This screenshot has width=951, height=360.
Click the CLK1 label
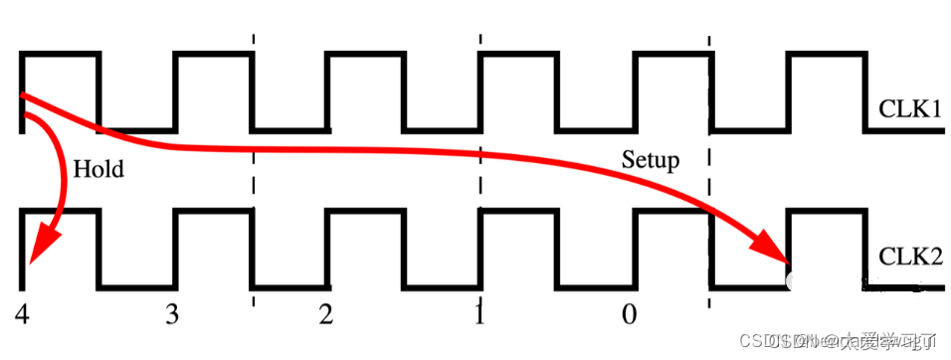[909, 107]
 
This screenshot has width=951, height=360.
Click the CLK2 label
[909, 257]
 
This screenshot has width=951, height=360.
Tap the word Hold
[98, 169]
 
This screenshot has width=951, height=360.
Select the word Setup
[651, 159]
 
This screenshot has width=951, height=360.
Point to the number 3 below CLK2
[173, 315]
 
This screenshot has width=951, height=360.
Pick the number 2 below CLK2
[326, 315]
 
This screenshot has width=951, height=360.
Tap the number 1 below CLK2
[479, 315]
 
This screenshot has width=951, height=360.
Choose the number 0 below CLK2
[630, 315]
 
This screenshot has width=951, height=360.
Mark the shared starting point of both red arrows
[23, 96]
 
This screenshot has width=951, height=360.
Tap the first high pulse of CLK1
[61, 54]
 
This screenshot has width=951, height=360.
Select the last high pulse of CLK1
[826, 54]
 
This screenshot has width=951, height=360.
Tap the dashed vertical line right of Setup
[710, 159]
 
